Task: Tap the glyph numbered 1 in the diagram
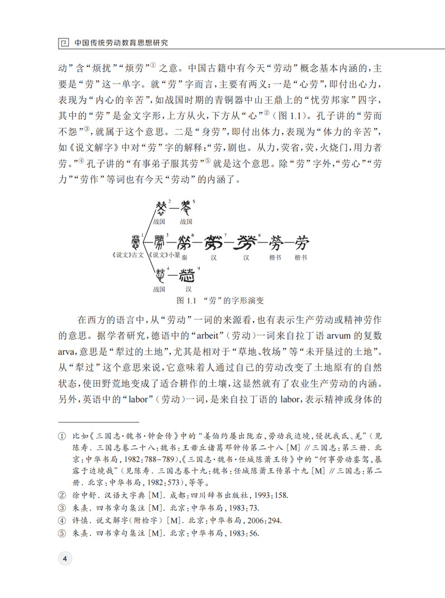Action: tap(135, 242)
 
